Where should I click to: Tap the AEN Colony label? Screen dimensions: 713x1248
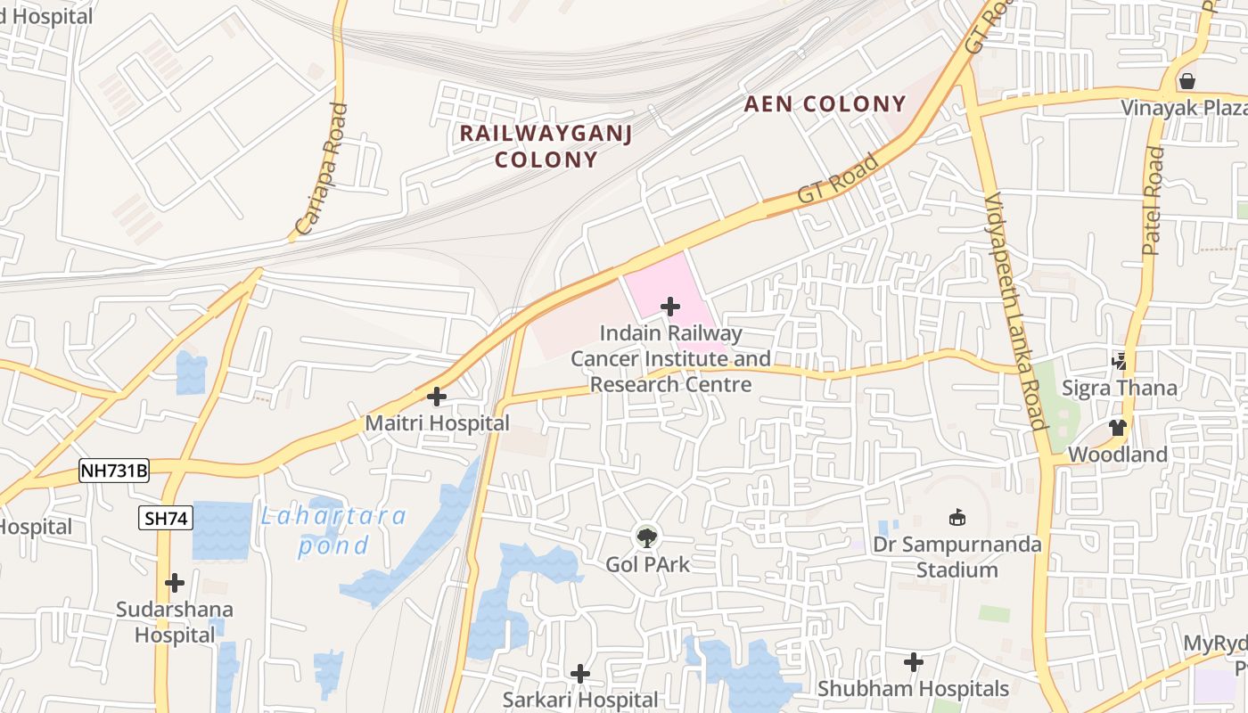(825, 104)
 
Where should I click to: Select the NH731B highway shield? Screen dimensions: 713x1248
(113, 471)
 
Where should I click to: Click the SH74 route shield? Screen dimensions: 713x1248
(166, 518)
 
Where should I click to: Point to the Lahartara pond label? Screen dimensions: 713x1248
(333, 530)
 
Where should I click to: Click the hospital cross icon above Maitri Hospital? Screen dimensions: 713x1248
(437, 396)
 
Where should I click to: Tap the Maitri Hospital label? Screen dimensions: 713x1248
(437, 423)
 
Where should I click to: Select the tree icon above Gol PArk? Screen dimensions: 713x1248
(647, 537)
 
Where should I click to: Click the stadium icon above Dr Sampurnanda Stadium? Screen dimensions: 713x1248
(957, 517)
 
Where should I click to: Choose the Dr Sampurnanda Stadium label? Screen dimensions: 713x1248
(957, 557)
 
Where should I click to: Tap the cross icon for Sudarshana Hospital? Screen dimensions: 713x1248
(175, 583)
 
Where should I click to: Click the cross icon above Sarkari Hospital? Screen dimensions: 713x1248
(580, 673)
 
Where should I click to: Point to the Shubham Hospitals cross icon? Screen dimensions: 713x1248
(913, 662)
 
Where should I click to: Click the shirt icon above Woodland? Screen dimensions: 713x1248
(1118, 427)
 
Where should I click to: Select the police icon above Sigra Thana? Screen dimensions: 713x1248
(1121, 361)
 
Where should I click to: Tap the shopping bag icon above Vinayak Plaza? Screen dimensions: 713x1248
(1186, 81)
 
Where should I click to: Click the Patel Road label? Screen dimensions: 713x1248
(1154, 201)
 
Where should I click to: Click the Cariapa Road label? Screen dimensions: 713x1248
(321, 169)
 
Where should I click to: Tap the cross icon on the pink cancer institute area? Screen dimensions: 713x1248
(669, 307)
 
